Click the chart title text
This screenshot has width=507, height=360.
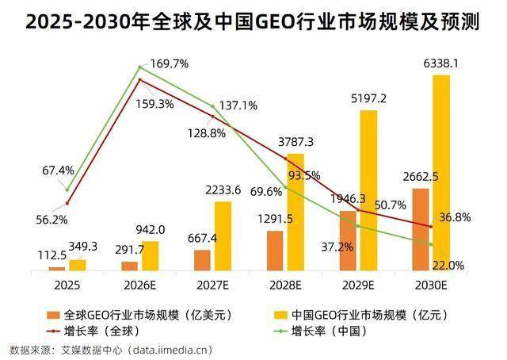pyautogui.click(x=253, y=21)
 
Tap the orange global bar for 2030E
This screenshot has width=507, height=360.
pyautogui.click(x=421, y=230)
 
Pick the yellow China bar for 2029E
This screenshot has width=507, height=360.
pyautogui.click(x=368, y=190)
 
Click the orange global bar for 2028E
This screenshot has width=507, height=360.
pyautogui.click(x=275, y=251)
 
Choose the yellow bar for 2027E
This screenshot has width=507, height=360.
pyautogui.click(x=223, y=236)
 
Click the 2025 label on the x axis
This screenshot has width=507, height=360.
pyautogui.click(x=67, y=284)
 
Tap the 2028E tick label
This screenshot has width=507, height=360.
pyautogui.click(x=286, y=284)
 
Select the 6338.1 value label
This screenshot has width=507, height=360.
pyautogui.click(x=440, y=62)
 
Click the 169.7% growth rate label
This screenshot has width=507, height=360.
pyautogui.click(x=170, y=64)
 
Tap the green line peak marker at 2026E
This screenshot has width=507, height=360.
pyautogui.click(x=140, y=67)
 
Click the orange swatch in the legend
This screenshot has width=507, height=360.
pyautogui.click(x=54, y=314)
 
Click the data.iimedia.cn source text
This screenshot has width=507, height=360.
pyautogui.click(x=171, y=349)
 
